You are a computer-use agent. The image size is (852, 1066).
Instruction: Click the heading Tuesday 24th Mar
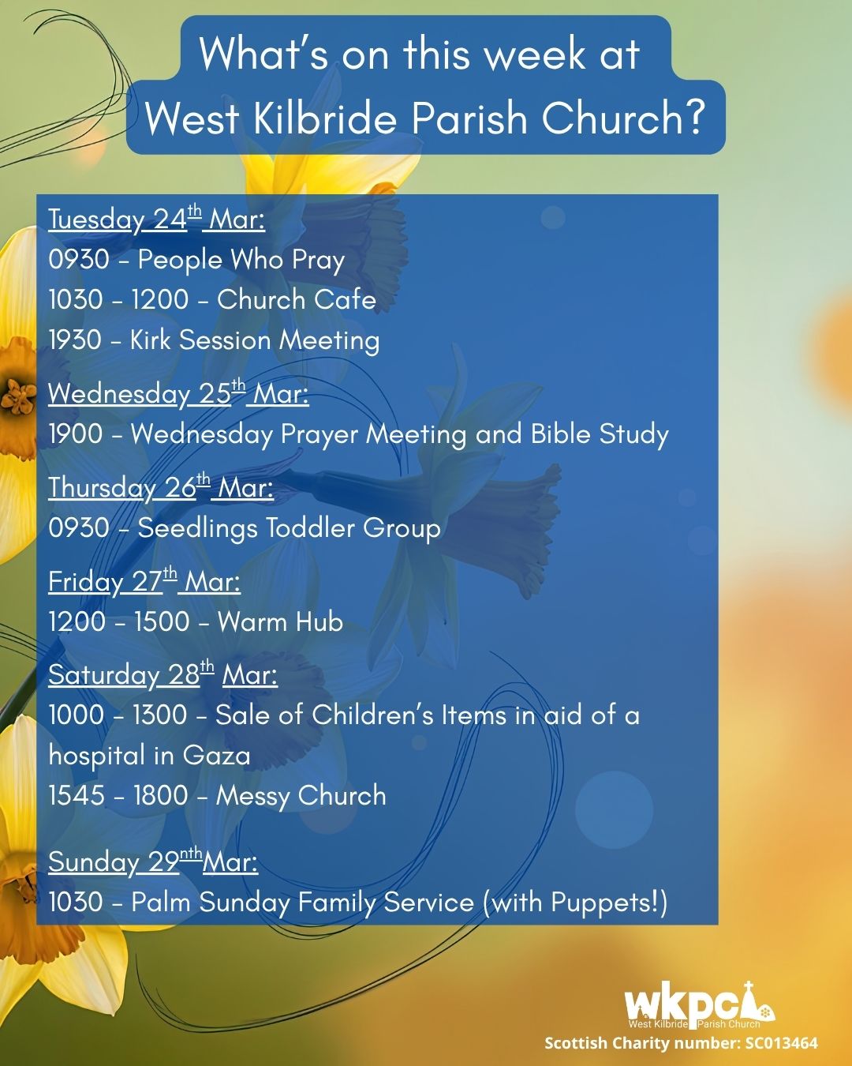[156, 219]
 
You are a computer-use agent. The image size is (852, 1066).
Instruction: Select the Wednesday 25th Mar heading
[179, 393]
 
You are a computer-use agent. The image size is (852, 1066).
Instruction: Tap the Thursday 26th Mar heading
[161, 487]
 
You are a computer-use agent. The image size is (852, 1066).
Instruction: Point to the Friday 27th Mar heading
[144, 580]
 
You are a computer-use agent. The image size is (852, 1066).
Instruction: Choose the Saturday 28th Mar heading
[163, 674]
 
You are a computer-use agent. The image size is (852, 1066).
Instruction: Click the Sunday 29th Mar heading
[154, 861]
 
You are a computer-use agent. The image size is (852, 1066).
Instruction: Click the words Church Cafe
[297, 300]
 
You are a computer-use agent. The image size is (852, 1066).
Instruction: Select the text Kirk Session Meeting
[255, 341]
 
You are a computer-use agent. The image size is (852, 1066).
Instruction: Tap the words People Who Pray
[241, 260]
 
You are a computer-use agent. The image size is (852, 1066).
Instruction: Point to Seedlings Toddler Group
[289, 528]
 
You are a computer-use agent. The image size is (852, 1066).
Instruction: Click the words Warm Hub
[280, 621]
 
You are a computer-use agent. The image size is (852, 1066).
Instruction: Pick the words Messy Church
[301, 795]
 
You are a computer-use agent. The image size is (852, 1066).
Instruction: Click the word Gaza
[217, 756]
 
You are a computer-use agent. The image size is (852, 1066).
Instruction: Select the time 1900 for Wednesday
[76, 434]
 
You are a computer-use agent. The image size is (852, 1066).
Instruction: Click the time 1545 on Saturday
[77, 795]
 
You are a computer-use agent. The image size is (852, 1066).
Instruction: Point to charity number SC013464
[782, 1043]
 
